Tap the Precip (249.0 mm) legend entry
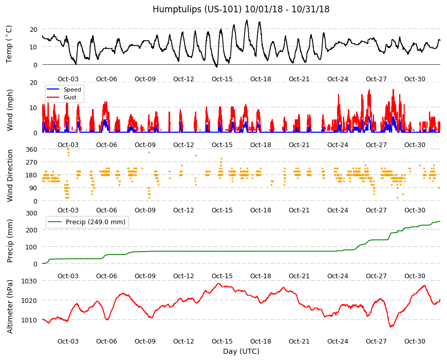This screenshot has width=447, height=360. (87, 222)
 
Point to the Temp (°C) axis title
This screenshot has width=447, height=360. (9, 44)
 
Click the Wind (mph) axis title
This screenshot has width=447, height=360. (10, 110)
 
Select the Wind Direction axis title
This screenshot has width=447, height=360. (10, 175)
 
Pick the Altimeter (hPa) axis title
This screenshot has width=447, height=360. (10, 307)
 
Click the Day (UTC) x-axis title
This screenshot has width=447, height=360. (241, 351)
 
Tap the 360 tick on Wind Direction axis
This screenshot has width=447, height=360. (32, 150)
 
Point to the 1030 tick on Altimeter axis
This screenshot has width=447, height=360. (29, 281)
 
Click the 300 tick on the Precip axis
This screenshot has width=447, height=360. (32, 213)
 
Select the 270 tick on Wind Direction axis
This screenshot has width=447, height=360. (32, 163)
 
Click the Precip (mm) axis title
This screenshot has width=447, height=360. (10, 241)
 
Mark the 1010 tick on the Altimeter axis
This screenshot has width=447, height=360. (29, 320)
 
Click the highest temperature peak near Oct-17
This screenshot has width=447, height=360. (247, 20)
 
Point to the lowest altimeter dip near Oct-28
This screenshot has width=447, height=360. (390, 327)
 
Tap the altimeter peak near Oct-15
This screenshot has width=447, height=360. (219, 283)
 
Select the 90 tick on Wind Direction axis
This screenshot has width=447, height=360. (33, 188)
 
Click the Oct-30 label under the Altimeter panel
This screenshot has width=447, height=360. (415, 341)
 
